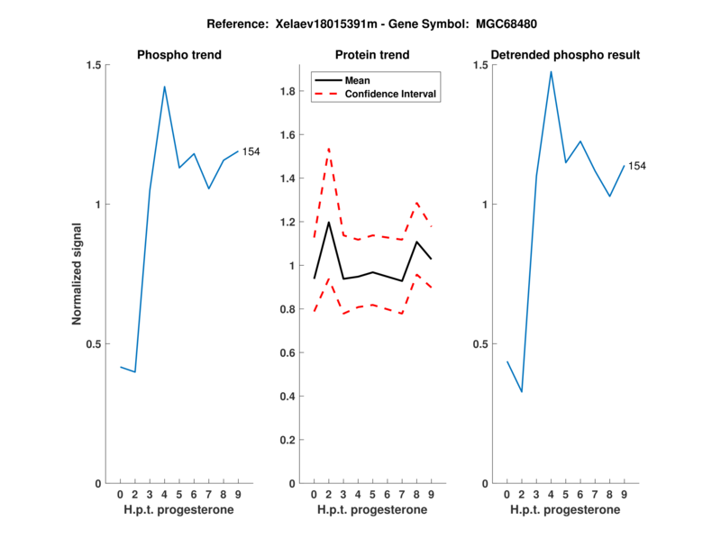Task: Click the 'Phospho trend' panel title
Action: pyautogui.click(x=178, y=55)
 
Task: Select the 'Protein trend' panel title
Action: pyautogui.click(x=372, y=55)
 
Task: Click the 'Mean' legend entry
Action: pyautogui.click(x=357, y=80)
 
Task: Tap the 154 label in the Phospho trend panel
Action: pyautogui.click(x=251, y=151)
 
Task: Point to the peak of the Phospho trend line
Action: pyautogui.click(x=164, y=87)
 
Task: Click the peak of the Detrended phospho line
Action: pyautogui.click(x=551, y=71)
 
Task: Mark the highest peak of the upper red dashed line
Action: pyautogui.click(x=329, y=148)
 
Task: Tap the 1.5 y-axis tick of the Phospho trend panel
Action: pyautogui.click(x=93, y=65)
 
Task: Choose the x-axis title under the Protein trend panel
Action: pyautogui.click(x=372, y=510)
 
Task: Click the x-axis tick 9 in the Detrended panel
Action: pyautogui.click(x=624, y=495)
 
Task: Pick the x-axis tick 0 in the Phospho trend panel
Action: pyautogui.click(x=120, y=495)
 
